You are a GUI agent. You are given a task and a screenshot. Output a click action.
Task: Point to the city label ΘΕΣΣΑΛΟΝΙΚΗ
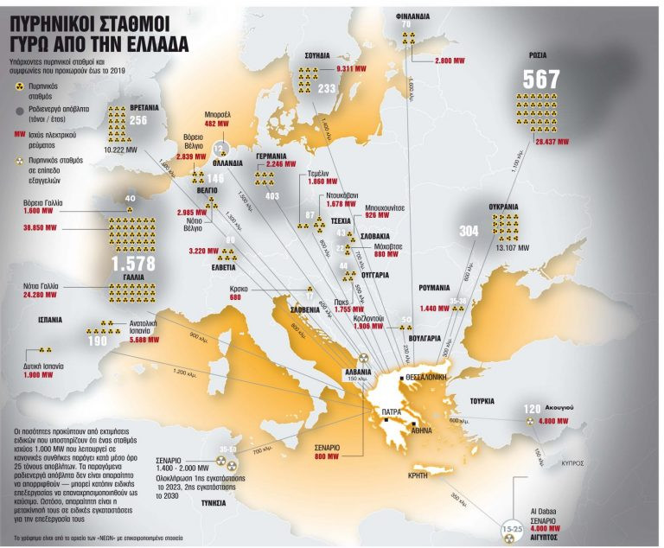click(429, 378)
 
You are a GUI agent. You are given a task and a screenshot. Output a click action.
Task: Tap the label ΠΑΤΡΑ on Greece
click(378, 414)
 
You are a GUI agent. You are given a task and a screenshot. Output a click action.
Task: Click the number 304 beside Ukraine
click(469, 232)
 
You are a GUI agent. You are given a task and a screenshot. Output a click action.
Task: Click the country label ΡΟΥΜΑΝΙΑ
click(437, 287)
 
